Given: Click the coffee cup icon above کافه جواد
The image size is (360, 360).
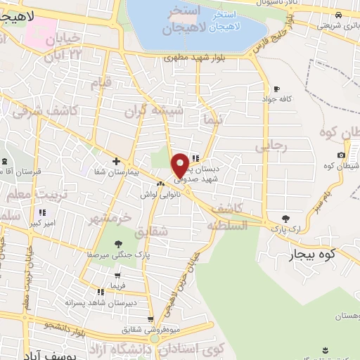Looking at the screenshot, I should tap(276, 89).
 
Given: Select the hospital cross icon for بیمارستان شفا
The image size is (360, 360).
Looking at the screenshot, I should tap(117, 161).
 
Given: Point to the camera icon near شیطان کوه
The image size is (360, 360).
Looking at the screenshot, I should tap(341, 155).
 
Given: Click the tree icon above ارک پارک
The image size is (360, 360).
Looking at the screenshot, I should tap(285, 219).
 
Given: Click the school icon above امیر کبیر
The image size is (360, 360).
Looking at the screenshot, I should tap(42, 212).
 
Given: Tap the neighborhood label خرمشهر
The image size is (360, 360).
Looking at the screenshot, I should tap(109, 217).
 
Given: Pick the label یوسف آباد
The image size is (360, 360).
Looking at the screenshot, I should tap(29, 351).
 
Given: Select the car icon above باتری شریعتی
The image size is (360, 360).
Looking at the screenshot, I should tap(339, 15).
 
